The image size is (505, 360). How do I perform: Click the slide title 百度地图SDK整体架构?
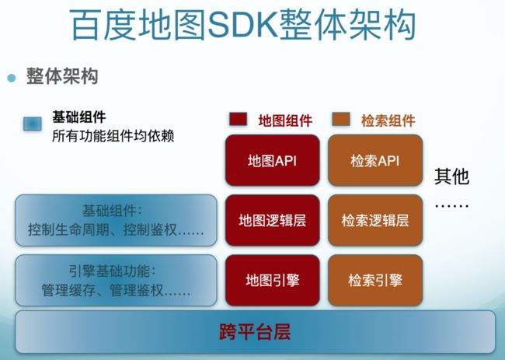(x=243, y=25)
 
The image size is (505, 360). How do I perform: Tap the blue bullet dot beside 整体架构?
(x=12, y=78)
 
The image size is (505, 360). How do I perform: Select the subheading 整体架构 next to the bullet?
(x=62, y=76)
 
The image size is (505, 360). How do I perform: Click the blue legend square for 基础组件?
(x=33, y=124)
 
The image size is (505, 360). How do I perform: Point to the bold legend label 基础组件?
(x=79, y=117)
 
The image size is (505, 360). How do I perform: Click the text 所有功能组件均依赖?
(x=113, y=136)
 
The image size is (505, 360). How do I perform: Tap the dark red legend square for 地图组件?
(x=239, y=119)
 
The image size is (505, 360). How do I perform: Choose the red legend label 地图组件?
(x=285, y=121)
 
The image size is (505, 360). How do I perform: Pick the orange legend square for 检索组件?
(x=341, y=119)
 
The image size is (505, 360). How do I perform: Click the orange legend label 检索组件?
(x=388, y=121)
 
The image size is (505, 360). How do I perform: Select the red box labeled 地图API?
(x=273, y=160)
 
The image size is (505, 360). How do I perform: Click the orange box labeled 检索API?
(x=375, y=160)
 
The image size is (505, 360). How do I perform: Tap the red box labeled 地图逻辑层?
(x=273, y=221)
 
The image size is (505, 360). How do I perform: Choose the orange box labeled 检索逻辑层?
(x=375, y=221)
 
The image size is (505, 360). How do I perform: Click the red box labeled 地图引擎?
(x=273, y=280)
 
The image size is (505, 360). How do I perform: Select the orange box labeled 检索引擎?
(x=375, y=280)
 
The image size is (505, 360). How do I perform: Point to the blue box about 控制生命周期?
(x=116, y=221)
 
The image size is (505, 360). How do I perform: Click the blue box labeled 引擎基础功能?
(x=116, y=281)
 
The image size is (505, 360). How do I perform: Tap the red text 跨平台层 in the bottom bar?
(x=255, y=332)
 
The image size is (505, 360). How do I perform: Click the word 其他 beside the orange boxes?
(x=451, y=176)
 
